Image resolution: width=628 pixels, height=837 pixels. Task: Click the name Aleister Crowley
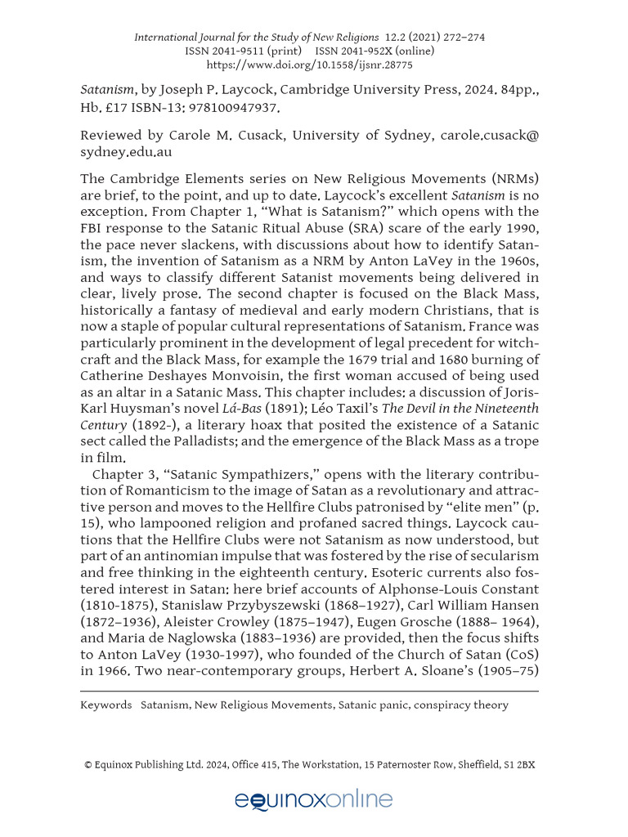pyautogui.click(x=232, y=638)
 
